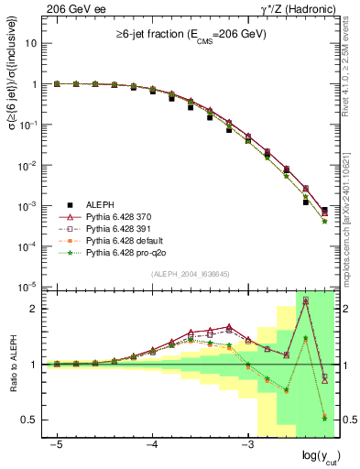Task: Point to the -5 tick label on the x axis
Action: click(57, 444)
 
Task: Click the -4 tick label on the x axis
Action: click(152, 444)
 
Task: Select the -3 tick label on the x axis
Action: click(247, 444)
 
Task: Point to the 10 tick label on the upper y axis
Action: click(32, 43)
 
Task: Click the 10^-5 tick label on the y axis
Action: click(28, 287)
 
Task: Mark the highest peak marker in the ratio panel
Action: click(305, 300)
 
